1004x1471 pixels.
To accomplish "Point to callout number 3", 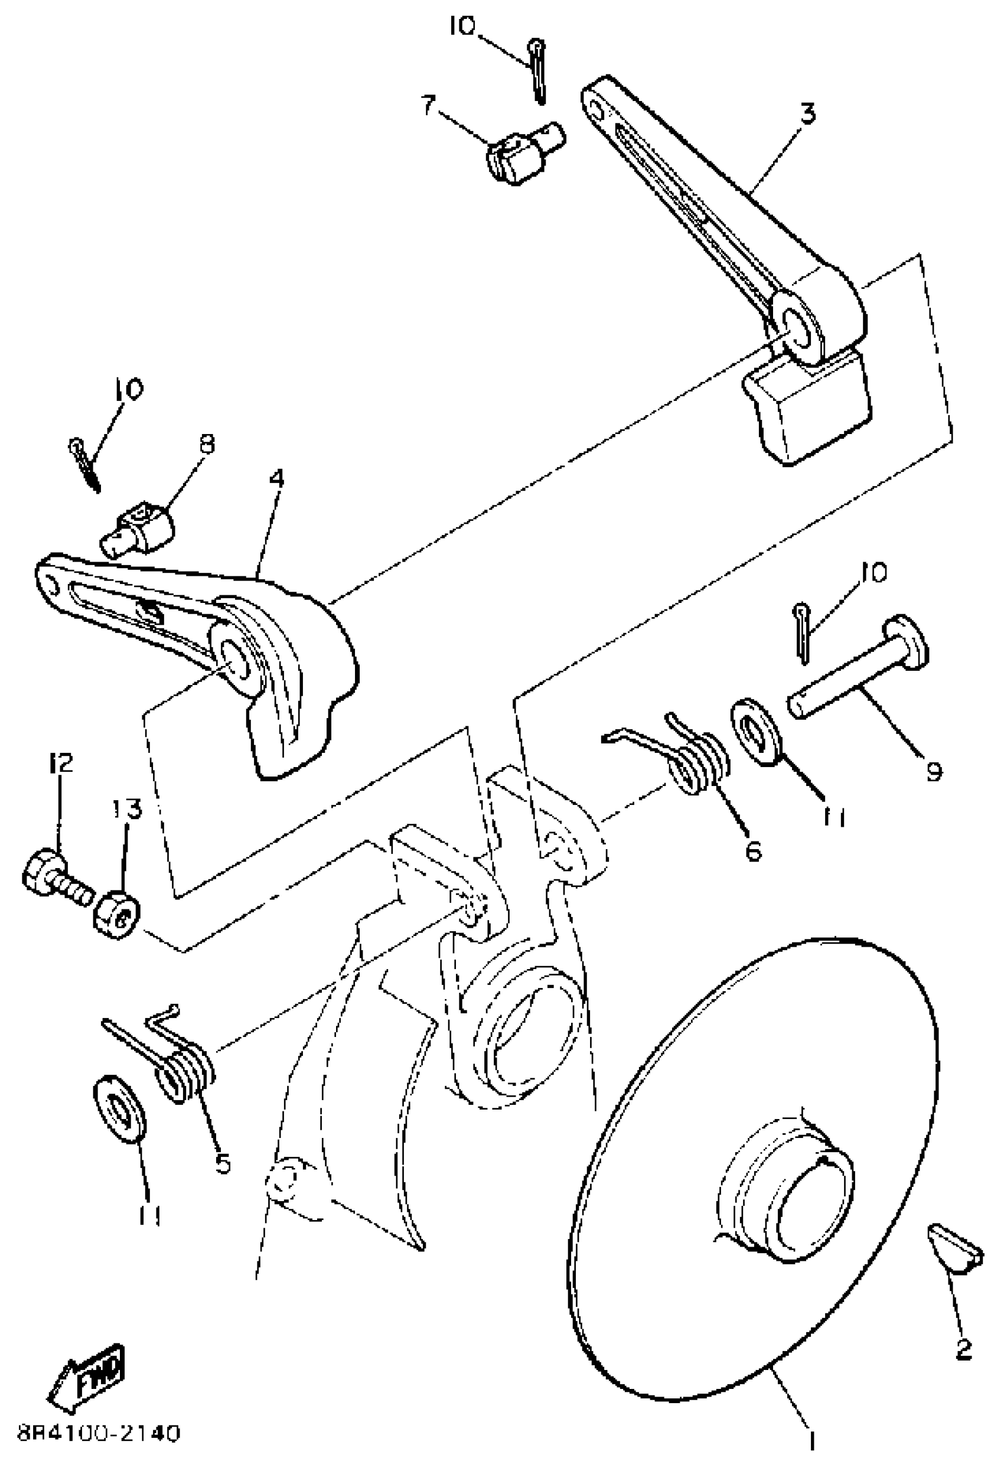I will [x=807, y=115].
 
